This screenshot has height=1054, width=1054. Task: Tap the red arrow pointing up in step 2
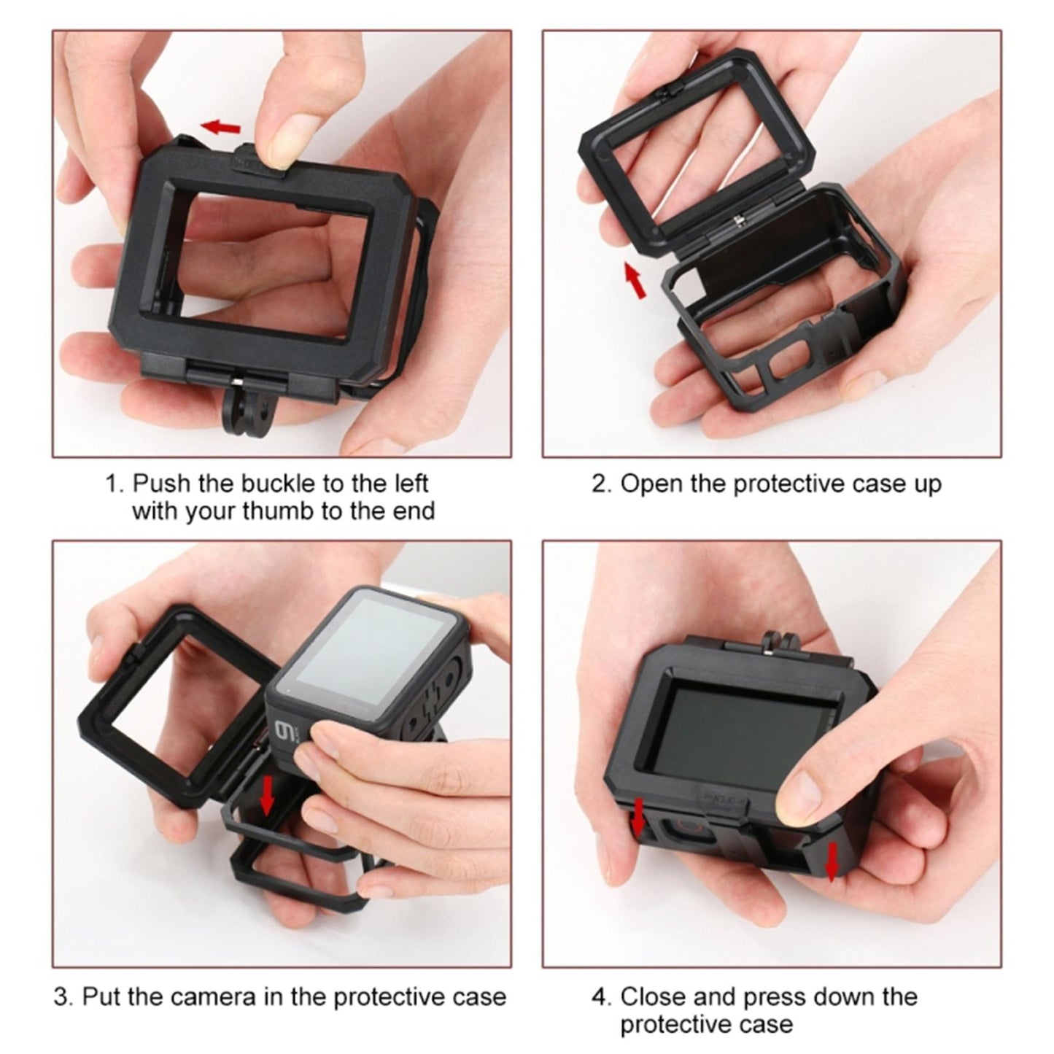pyautogui.click(x=635, y=281)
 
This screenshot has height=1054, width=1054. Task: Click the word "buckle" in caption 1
pyautogui.click(x=276, y=484)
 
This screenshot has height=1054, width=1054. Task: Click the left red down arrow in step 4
pyautogui.click(x=638, y=816)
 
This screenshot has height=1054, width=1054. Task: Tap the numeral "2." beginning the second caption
pyautogui.click(x=601, y=484)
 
